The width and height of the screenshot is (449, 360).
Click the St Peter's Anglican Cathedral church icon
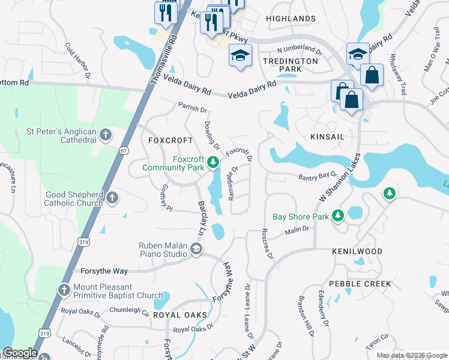106,134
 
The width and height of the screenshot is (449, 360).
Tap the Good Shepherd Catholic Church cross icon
112,197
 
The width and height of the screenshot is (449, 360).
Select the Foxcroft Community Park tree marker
212,162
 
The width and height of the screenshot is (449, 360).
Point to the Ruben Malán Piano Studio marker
196,249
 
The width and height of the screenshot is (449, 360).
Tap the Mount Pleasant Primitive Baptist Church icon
64,291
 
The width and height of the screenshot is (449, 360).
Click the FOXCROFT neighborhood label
170,140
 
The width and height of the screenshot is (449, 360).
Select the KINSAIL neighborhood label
328,137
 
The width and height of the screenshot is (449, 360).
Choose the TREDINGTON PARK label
290,65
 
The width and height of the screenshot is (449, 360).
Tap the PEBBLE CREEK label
360,283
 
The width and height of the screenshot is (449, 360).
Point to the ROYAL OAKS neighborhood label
180,315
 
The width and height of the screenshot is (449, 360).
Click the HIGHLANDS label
291,19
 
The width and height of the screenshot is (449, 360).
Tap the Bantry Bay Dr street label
318,176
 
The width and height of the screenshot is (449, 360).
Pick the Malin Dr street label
297,229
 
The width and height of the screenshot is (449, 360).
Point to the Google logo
20,353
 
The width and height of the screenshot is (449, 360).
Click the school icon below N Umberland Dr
240,56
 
